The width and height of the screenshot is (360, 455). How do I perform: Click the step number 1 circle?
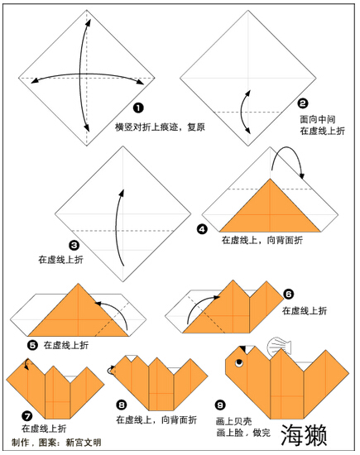point(138,108)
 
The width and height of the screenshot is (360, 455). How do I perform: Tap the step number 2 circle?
point(303,103)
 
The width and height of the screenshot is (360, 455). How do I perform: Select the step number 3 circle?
point(74,246)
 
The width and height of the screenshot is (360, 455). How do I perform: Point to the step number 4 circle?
point(202,229)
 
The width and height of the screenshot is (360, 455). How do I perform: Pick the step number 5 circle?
point(33,345)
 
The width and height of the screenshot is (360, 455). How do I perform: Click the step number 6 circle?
point(288,295)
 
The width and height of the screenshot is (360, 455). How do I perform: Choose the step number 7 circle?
point(27,416)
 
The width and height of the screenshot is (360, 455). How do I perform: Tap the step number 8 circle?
point(122,405)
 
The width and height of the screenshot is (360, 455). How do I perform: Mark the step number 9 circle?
point(220,405)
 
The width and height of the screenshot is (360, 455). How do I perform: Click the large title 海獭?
point(304,435)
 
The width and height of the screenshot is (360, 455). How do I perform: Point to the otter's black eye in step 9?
point(239,362)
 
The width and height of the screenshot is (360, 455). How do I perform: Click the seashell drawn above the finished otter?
point(279,346)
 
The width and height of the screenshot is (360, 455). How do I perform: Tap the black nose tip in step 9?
point(243,349)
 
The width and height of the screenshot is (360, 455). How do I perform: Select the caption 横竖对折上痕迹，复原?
point(160,127)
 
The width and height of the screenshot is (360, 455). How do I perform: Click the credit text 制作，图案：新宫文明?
point(56,443)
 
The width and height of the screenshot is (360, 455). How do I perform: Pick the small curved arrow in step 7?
point(26,364)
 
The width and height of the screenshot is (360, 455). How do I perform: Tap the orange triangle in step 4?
point(270,212)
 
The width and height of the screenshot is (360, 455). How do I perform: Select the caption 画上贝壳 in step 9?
point(233,421)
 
